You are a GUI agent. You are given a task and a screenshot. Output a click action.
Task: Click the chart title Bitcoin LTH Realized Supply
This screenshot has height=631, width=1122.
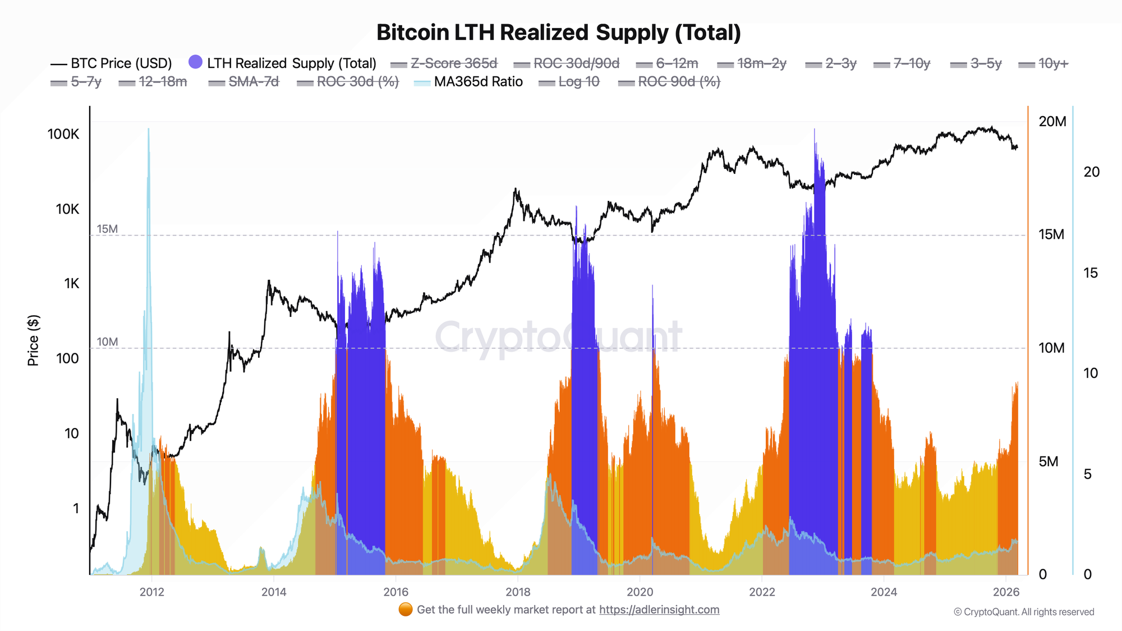558,33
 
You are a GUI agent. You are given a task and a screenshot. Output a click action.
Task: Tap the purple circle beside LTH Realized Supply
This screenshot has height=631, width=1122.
195,62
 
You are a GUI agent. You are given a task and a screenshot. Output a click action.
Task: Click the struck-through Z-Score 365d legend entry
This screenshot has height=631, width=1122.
453,63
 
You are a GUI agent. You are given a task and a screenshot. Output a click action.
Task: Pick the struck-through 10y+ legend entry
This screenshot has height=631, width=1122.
1053,63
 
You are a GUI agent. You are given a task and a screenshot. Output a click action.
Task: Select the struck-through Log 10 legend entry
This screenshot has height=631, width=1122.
578,82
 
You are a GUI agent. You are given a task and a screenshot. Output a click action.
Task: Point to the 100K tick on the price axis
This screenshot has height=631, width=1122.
63,134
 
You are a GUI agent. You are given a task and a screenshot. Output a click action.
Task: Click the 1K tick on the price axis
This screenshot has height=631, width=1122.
71,284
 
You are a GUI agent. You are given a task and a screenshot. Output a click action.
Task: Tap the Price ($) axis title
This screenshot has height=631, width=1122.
33,340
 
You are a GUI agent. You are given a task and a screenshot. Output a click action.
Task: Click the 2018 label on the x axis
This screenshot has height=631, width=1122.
518,592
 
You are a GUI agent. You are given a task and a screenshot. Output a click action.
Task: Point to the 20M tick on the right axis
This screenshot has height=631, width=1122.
1052,121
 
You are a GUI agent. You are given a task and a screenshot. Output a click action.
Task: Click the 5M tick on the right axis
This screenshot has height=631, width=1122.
1049,462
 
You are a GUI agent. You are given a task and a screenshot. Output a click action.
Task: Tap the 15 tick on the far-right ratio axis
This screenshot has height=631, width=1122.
1091,273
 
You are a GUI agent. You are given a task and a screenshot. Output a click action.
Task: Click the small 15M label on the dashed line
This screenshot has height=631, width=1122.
107,229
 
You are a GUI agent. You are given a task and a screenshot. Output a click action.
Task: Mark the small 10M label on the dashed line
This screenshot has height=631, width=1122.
107,342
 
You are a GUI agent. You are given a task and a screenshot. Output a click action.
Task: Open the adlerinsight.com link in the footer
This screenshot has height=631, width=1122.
659,610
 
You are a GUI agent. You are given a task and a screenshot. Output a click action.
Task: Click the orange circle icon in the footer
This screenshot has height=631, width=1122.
405,610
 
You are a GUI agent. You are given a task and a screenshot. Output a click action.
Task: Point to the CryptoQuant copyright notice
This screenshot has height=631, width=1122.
1024,612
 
